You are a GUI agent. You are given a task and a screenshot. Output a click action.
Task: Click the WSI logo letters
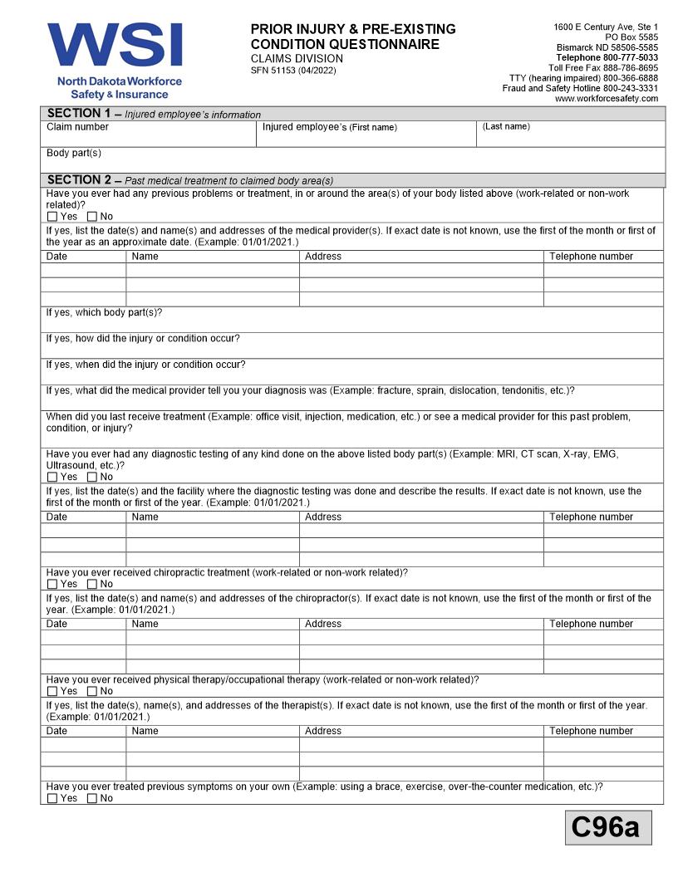pyautogui.click(x=115, y=46)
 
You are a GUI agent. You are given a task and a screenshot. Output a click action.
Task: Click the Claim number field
pyautogui.click(x=148, y=135)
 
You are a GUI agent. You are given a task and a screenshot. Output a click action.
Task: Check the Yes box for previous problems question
pyautogui.click(x=52, y=217)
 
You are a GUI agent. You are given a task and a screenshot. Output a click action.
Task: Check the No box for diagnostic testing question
pyautogui.click(x=92, y=478)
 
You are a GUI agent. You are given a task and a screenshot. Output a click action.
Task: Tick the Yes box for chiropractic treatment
pyautogui.click(x=52, y=585)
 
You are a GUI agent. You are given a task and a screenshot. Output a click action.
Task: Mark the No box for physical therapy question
pyautogui.click(x=92, y=692)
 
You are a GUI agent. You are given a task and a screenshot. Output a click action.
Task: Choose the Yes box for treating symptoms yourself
pyautogui.click(x=52, y=799)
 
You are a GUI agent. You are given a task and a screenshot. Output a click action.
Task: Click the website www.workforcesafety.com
pyautogui.click(x=606, y=99)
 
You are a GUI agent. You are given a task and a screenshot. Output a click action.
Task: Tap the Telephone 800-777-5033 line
pyautogui.click(x=607, y=57)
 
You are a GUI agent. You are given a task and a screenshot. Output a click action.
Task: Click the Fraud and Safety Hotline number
pyautogui.click(x=580, y=88)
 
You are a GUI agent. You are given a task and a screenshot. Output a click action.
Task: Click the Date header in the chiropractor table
pyautogui.click(x=57, y=624)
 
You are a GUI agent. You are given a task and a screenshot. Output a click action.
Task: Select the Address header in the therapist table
pyautogui.click(x=323, y=731)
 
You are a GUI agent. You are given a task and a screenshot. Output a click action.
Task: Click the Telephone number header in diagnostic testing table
pyautogui.click(x=591, y=517)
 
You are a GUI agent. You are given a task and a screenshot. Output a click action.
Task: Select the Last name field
pyautogui.click(x=570, y=135)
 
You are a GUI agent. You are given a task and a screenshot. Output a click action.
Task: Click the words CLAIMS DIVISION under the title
pyautogui.click(x=297, y=59)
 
